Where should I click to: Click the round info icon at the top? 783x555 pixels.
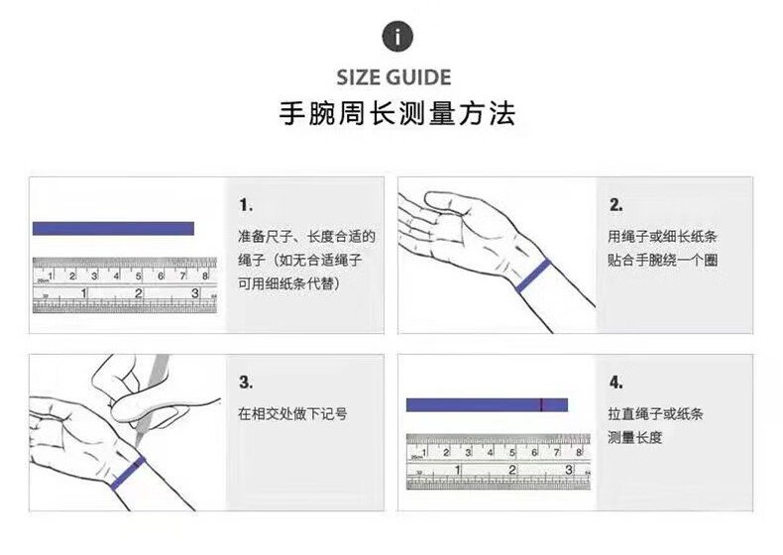tap(397, 36)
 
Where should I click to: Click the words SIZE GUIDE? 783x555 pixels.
tap(393, 77)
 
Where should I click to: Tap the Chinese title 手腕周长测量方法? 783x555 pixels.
tap(397, 113)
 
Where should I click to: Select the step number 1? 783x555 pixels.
tap(246, 205)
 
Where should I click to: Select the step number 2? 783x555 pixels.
tap(616, 205)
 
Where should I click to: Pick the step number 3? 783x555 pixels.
tap(246, 383)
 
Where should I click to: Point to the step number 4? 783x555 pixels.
tap(616, 383)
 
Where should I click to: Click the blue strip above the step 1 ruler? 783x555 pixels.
tap(113, 228)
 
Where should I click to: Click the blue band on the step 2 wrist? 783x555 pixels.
tap(533, 276)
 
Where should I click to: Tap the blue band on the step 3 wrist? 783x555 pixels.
tap(128, 473)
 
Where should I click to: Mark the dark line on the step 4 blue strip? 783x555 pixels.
tap(541, 404)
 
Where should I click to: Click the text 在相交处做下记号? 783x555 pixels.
tap(292, 413)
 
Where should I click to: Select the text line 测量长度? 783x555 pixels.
tap(635, 438)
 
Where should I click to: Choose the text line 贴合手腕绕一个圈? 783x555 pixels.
tap(663, 260)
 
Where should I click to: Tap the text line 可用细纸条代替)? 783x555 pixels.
tap(289, 283)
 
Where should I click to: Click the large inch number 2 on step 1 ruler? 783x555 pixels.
tap(139, 293)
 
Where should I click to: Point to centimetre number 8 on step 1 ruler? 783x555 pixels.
tap(205, 276)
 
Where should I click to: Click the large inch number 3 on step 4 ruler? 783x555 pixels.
tap(569, 470)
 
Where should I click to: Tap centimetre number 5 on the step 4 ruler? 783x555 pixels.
tap(511, 453)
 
